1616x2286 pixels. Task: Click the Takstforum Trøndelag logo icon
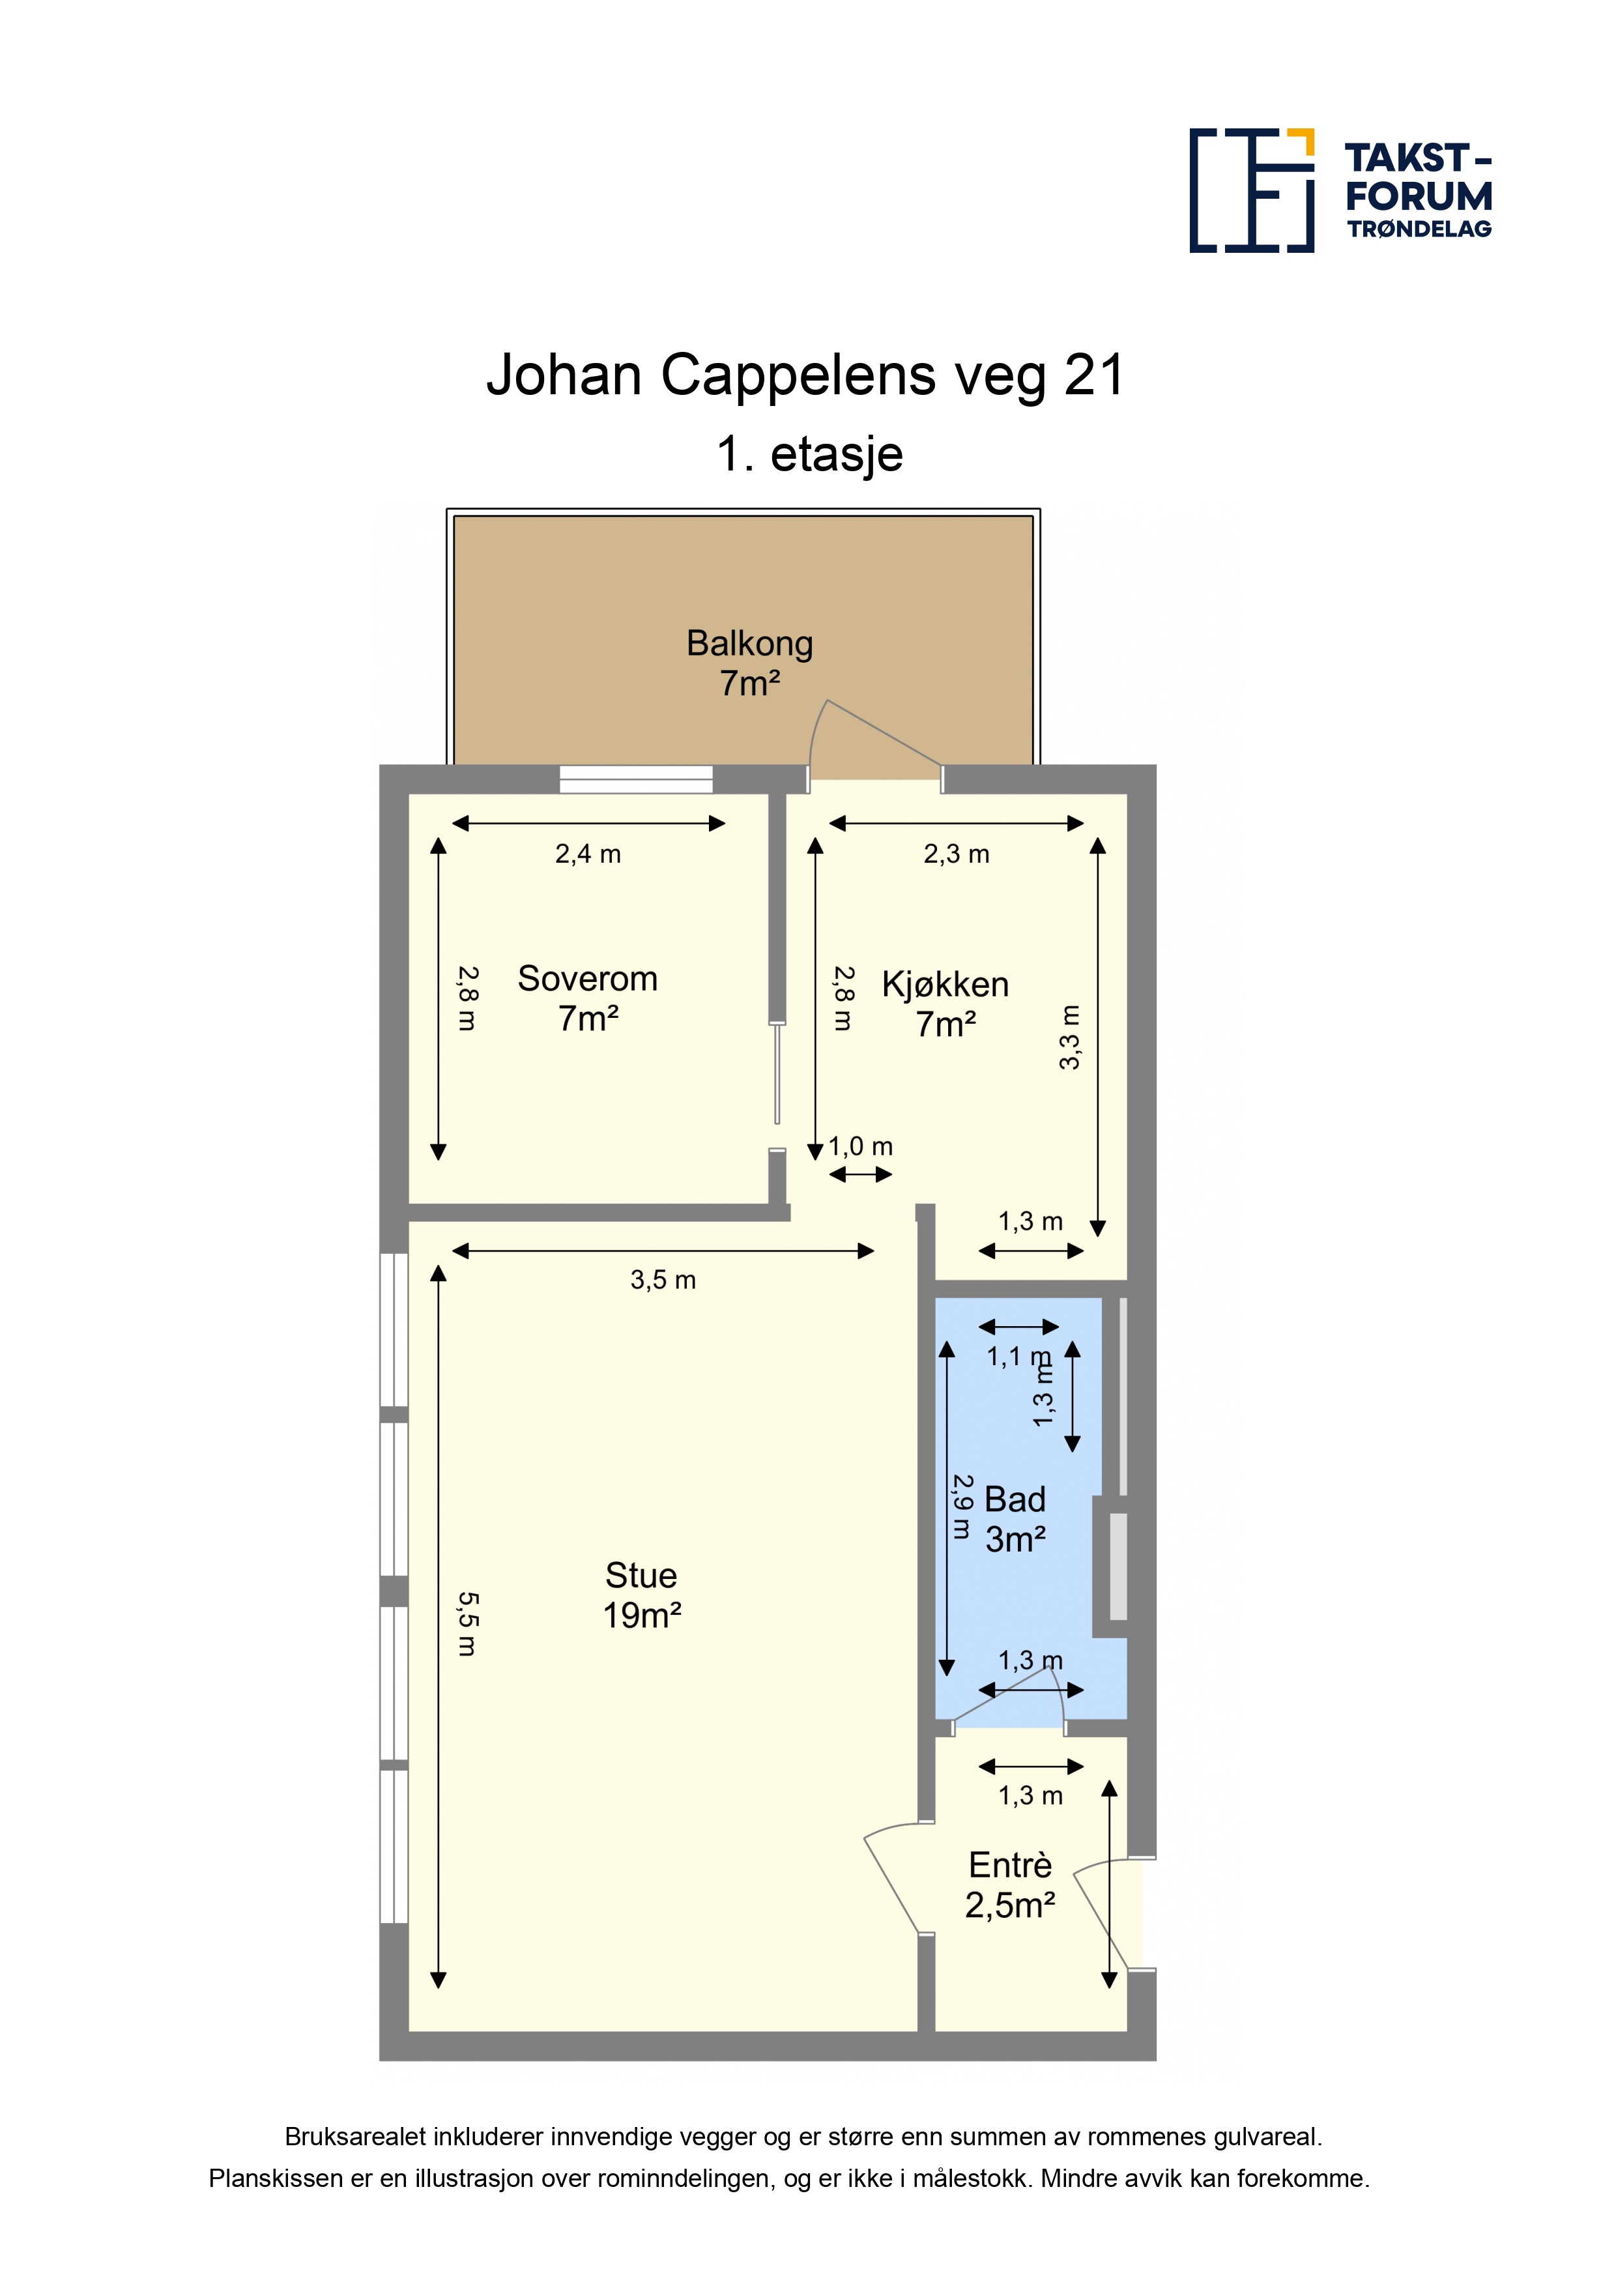click(x=1252, y=190)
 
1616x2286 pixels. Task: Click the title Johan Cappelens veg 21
click(x=805, y=375)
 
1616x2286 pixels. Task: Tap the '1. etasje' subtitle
click(x=809, y=454)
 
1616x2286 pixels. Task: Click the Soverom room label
click(x=588, y=998)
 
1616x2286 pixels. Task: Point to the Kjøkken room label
click(x=945, y=1004)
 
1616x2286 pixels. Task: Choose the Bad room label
click(x=1015, y=1518)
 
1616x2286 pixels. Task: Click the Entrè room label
click(x=1009, y=1885)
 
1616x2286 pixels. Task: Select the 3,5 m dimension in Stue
click(x=663, y=1279)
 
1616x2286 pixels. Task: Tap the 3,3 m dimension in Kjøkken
click(x=1069, y=1037)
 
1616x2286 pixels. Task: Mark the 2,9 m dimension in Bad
click(x=962, y=1507)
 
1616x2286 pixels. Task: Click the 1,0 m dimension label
click(x=860, y=1147)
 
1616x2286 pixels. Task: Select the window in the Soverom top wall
click(x=635, y=779)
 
